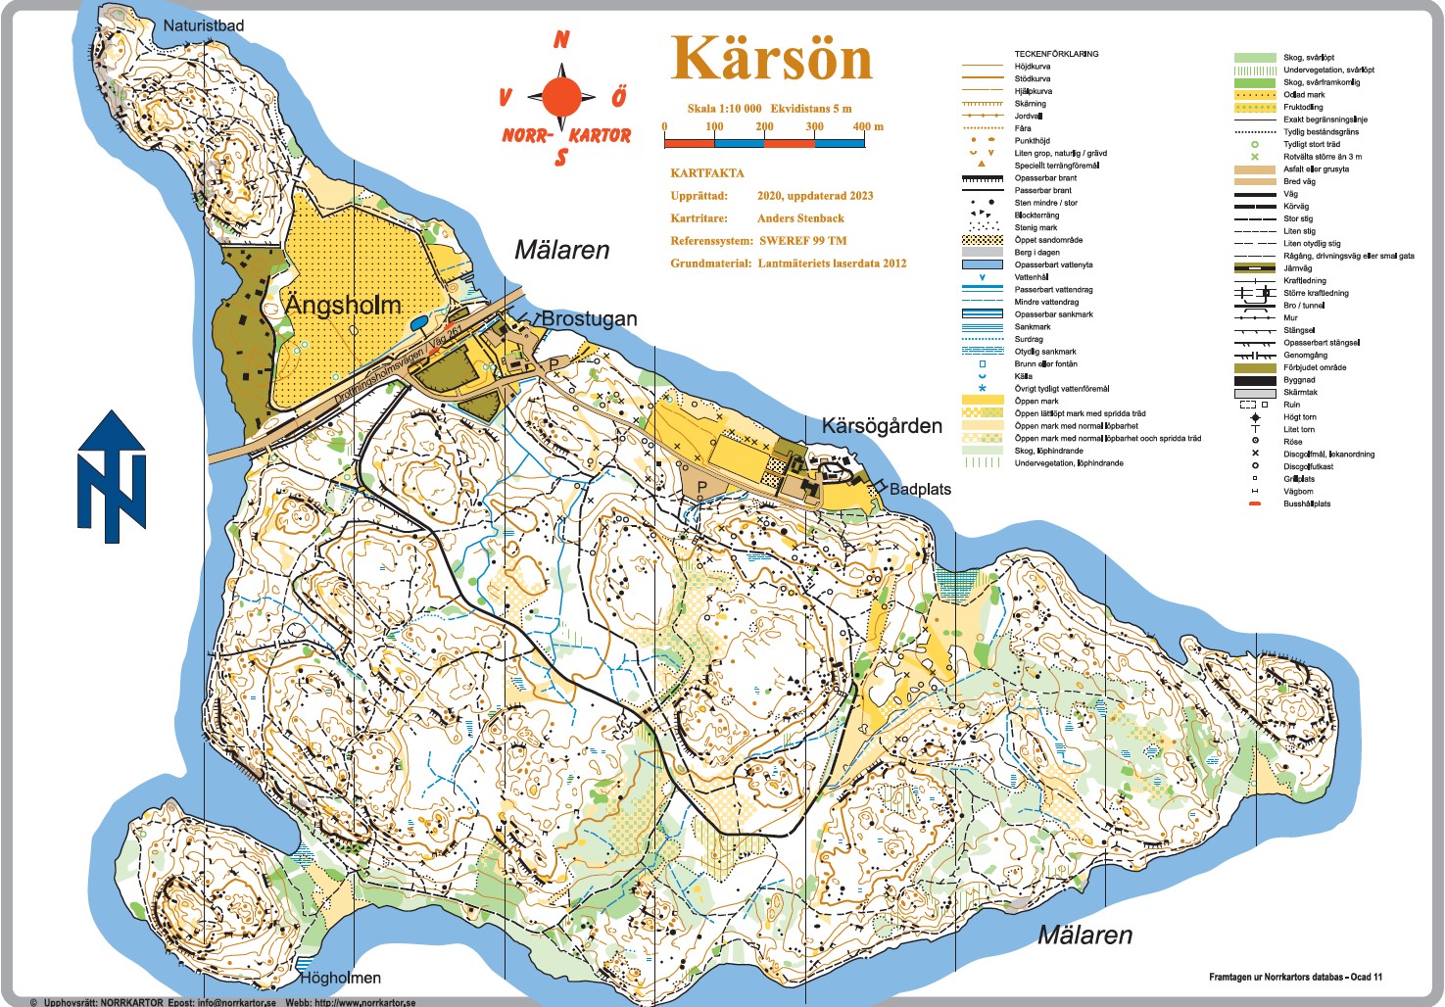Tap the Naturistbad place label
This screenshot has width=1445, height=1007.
203,25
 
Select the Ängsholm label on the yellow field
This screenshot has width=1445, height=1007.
343,305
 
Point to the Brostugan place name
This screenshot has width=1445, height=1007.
589,318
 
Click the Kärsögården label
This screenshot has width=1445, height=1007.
881,426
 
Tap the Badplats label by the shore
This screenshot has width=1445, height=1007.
919,489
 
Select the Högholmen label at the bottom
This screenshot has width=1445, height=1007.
340,977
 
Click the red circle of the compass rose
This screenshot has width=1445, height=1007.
561,97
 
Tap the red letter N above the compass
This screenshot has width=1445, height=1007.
561,40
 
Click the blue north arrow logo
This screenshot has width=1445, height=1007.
112,477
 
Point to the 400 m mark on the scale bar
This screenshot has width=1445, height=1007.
866,126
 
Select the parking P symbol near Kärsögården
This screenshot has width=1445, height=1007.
701,486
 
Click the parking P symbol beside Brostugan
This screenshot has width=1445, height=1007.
554,364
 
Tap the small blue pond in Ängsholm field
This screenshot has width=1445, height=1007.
418,321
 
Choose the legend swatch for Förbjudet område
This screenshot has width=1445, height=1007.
1254,367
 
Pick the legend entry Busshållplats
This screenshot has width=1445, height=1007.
1307,503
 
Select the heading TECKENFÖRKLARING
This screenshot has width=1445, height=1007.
1056,54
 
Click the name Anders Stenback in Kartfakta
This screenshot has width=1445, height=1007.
800,218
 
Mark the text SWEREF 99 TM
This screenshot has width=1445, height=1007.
802,241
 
